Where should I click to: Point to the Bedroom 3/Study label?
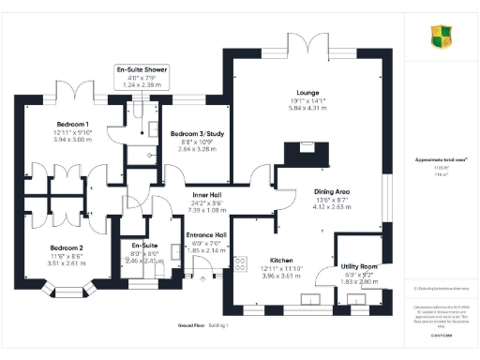pos(195,134)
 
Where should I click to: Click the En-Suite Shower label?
pos(143,70)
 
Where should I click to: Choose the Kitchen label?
pos(281,258)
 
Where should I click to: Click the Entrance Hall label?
pos(205,234)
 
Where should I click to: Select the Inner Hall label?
pos(180,195)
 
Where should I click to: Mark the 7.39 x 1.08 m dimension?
pos(180,210)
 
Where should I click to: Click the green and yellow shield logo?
pos(441,37)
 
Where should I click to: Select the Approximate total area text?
pos(439,134)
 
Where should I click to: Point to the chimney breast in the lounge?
pos(305,148)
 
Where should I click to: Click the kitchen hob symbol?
pos(240,264)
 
